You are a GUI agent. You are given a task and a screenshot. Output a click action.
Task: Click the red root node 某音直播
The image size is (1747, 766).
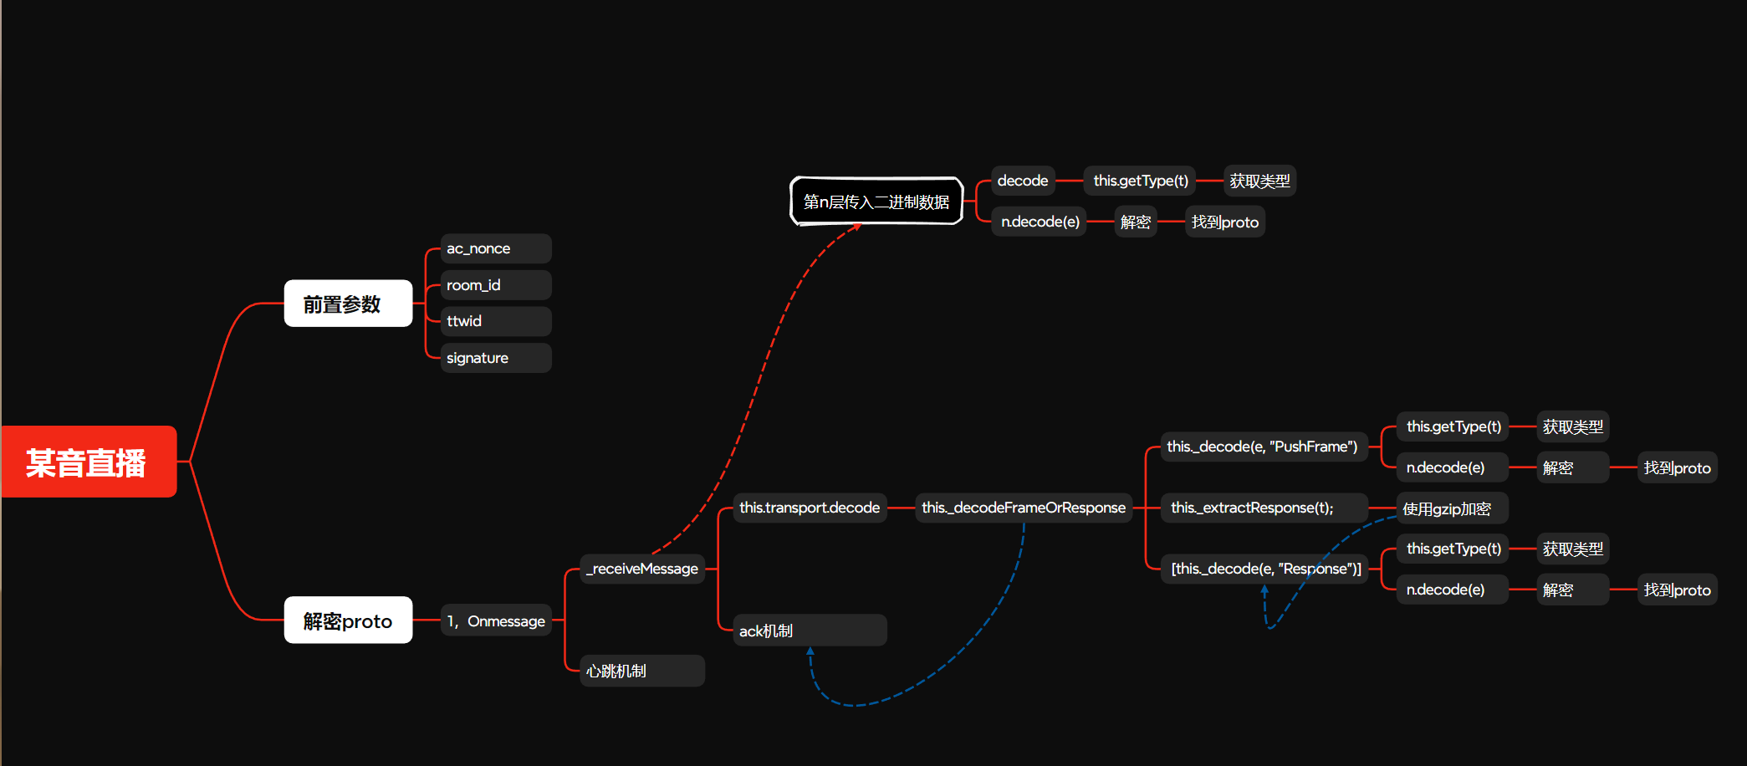(89, 462)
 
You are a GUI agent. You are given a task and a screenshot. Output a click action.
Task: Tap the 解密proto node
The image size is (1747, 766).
(348, 620)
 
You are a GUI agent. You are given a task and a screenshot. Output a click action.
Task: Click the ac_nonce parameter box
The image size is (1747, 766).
(495, 248)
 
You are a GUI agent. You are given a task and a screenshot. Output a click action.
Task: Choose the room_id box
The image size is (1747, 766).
(495, 285)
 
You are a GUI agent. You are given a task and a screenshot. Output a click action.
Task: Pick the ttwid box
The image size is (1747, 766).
(495, 321)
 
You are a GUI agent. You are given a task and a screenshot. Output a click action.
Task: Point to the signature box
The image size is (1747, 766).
(495, 358)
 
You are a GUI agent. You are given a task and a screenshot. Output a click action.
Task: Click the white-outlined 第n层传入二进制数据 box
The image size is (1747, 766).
(876, 202)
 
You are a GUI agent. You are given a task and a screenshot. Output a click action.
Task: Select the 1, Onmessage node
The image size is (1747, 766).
(496, 620)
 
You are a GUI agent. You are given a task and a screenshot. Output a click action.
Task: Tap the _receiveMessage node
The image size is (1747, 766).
(642, 569)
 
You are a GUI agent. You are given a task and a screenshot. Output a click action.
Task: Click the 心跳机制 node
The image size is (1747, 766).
(642, 671)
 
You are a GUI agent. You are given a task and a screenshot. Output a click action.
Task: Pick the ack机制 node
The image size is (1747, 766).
(810, 631)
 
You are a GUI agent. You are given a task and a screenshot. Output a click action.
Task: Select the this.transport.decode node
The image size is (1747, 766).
(810, 508)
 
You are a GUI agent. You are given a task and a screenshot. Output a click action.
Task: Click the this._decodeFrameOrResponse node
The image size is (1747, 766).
(1024, 508)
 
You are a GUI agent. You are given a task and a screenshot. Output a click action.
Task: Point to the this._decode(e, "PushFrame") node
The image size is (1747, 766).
(1262, 447)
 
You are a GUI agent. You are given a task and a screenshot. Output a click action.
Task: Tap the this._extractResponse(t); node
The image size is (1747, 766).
(1262, 508)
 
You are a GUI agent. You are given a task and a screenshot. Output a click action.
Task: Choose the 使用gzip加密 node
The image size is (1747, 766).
(1452, 508)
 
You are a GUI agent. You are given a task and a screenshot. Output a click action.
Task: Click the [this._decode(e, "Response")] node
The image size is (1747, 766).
(1265, 569)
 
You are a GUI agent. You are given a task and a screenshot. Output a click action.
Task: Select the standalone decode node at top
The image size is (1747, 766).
(1023, 181)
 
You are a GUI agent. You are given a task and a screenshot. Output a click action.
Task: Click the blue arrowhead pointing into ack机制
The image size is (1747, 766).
(810, 651)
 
